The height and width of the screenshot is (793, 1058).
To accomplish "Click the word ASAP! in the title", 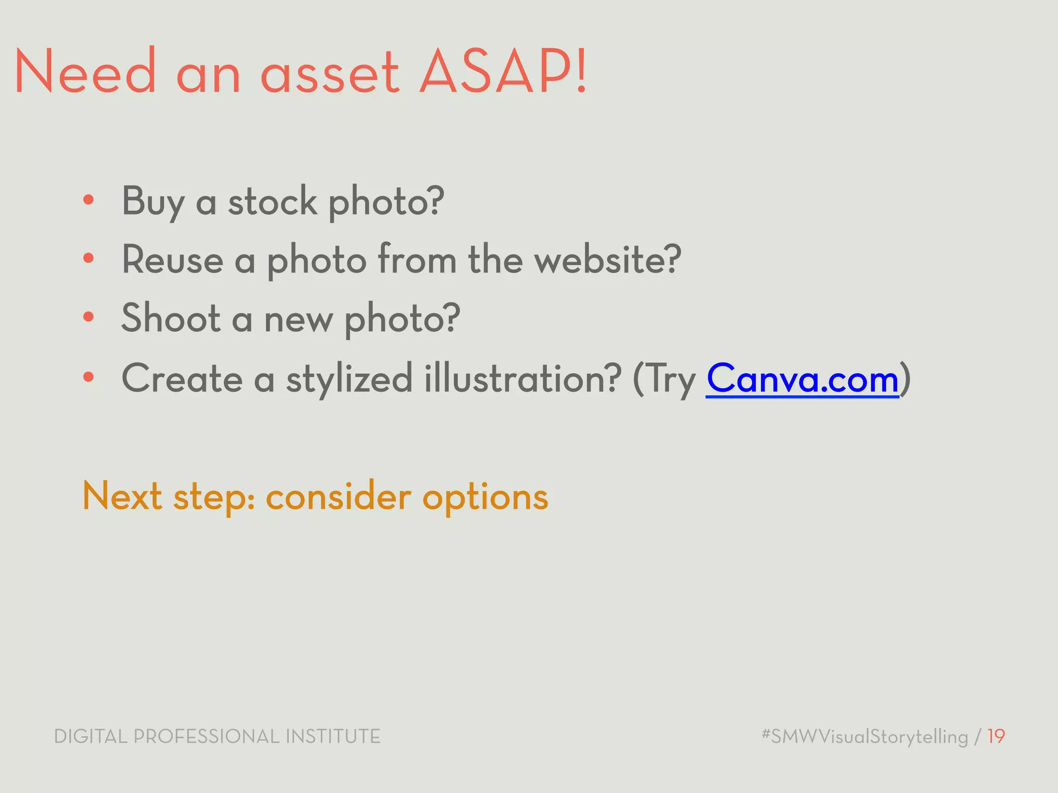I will [x=504, y=72].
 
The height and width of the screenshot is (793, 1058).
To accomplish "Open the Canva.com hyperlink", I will [x=802, y=378].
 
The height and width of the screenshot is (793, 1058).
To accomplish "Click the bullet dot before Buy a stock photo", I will [x=88, y=200].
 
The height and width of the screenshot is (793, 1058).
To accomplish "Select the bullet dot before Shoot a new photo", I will [x=88, y=317].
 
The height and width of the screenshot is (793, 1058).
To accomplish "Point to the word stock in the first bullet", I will [x=272, y=201].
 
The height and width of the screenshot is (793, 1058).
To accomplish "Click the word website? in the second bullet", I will [x=608, y=259].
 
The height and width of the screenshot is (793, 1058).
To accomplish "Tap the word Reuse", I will [x=172, y=259].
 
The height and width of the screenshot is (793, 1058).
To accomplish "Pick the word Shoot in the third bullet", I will [x=170, y=318].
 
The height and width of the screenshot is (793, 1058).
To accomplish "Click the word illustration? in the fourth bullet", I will [x=522, y=378].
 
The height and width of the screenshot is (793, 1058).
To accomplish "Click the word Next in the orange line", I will [x=122, y=496].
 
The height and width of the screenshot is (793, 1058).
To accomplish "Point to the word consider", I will [x=338, y=496].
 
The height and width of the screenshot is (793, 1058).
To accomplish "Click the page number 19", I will [x=996, y=736].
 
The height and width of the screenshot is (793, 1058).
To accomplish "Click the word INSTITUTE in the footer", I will [x=333, y=736].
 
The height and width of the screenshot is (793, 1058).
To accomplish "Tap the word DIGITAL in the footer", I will [x=90, y=736].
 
